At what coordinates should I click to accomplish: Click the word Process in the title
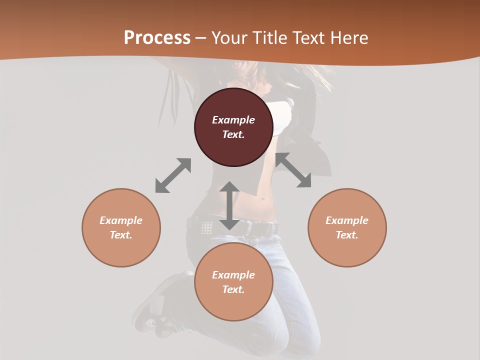click(x=157, y=38)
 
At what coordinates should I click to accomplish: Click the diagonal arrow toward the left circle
click(x=173, y=175)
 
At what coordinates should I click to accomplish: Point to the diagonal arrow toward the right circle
click(x=293, y=170)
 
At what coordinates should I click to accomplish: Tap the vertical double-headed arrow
click(x=229, y=206)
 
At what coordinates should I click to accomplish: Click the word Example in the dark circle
click(x=233, y=120)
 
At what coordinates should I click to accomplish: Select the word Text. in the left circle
click(x=121, y=235)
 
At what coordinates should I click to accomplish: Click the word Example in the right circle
click(x=347, y=220)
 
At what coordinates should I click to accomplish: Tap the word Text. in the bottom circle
click(x=233, y=289)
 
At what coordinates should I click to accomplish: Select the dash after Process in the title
click(x=200, y=38)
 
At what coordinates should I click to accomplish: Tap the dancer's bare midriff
click(x=265, y=200)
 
